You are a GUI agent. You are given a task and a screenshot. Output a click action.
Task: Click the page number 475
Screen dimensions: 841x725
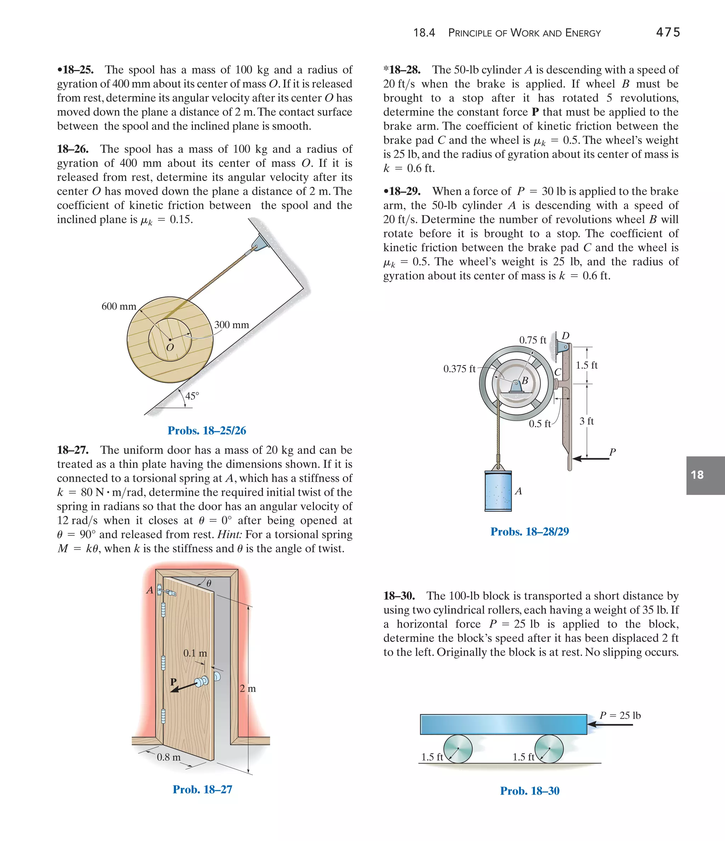(x=668, y=32)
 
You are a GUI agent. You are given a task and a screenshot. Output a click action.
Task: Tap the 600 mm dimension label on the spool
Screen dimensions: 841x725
(x=119, y=306)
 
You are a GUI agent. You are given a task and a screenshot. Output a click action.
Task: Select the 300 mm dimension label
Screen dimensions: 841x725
(x=231, y=325)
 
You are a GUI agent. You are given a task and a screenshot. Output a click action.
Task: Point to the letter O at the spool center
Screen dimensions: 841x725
(x=170, y=347)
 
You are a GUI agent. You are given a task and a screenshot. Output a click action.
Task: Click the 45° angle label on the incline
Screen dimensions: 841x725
(x=192, y=396)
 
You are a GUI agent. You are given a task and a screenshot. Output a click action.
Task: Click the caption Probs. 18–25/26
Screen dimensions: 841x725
(x=207, y=431)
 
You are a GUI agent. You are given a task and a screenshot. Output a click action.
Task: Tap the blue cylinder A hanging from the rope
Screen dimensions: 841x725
(x=498, y=491)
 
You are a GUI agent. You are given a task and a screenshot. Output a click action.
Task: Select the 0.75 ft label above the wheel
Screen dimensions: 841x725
(x=532, y=340)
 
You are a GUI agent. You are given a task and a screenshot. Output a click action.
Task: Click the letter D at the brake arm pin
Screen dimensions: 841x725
(x=565, y=336)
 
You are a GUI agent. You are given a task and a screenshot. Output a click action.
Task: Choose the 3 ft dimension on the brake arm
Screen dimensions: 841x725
(x=587, y=421)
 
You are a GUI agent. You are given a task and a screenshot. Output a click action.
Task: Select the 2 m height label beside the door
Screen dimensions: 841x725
(x=247, y=689)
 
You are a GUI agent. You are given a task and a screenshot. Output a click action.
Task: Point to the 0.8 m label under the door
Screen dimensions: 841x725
(x=169, y=757)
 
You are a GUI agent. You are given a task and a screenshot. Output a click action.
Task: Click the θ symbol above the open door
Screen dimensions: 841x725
(x=209, y=584)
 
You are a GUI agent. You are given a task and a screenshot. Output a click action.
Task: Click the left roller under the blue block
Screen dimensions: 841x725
(x=458, y=749)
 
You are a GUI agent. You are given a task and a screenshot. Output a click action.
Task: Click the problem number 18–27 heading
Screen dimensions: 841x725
(x=73, y=450)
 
